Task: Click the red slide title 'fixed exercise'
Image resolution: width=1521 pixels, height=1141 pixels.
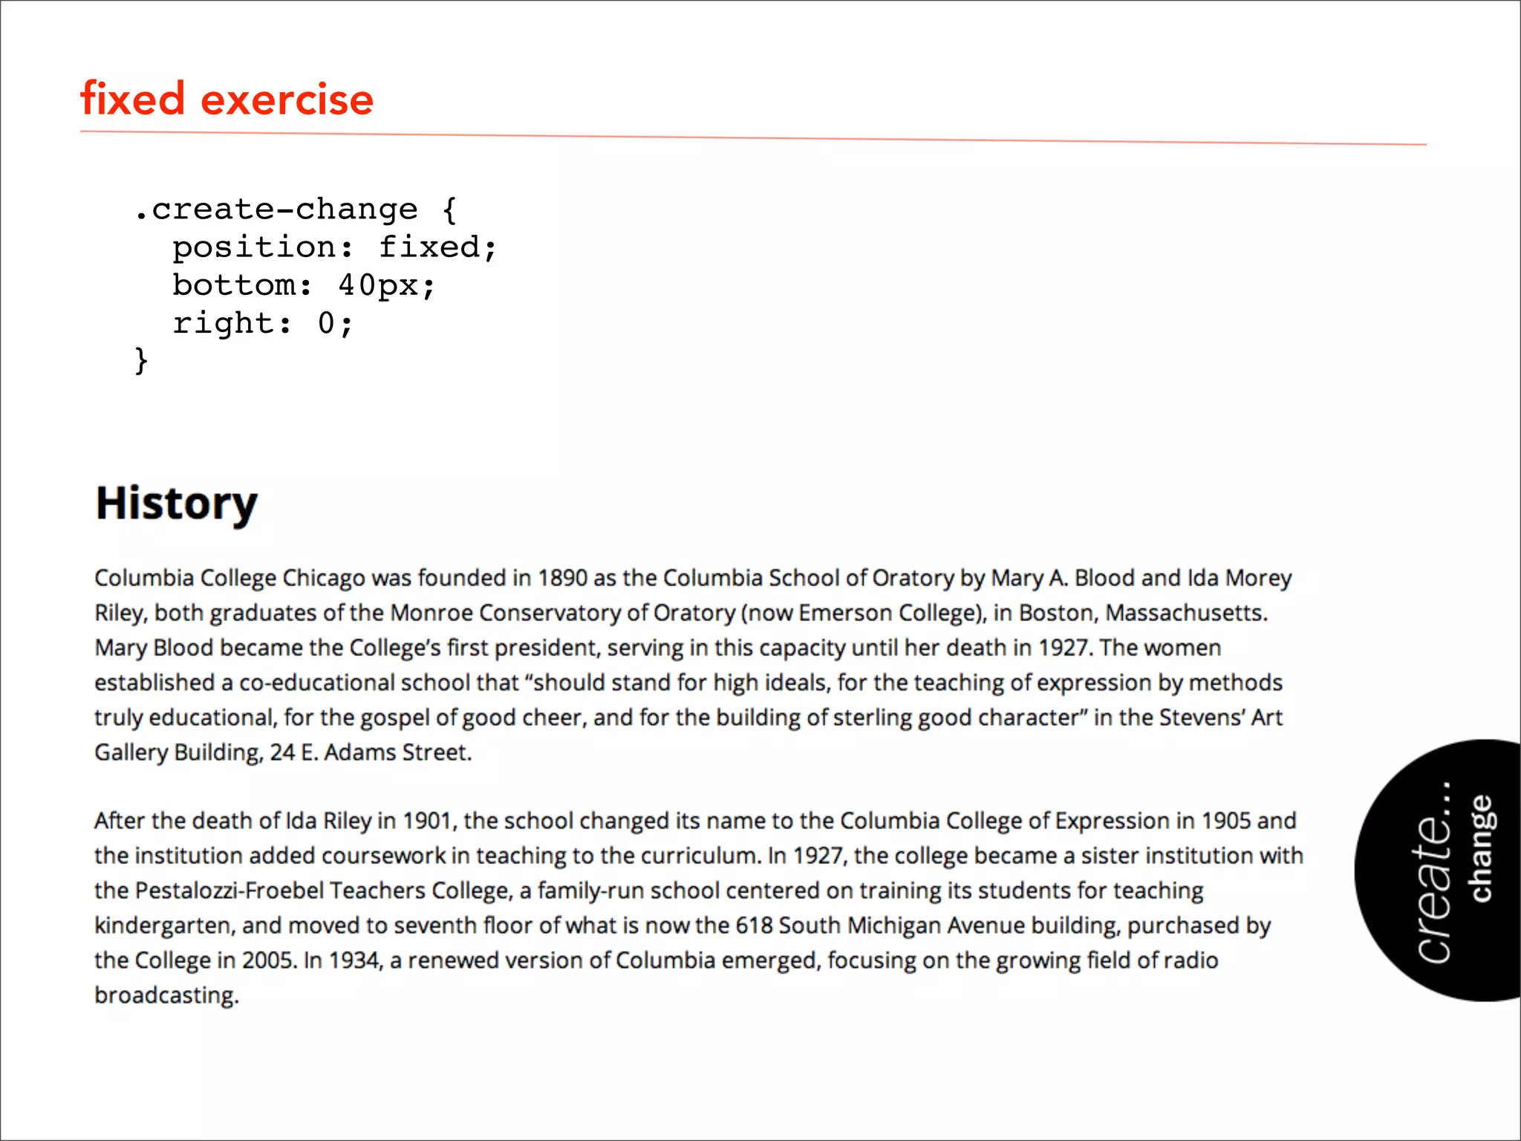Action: (x=227, y=99)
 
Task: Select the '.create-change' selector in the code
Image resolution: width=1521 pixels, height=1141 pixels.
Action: (x=276, y=209)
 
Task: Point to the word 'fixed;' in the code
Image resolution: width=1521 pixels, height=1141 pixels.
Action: (x=437, y=247)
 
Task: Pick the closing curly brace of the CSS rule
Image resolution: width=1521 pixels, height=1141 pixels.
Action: (x=141, y=361)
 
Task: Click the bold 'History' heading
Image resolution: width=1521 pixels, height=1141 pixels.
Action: (x=177, y=504)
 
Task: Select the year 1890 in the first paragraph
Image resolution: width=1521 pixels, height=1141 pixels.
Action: (x=562, y=578)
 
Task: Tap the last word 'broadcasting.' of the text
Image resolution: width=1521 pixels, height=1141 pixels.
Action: (x=166, y=995)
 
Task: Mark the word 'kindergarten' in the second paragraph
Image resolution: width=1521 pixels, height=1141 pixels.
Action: (x=164, y=926)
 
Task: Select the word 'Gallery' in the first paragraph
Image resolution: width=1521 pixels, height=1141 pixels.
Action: (x=131, y=752)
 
